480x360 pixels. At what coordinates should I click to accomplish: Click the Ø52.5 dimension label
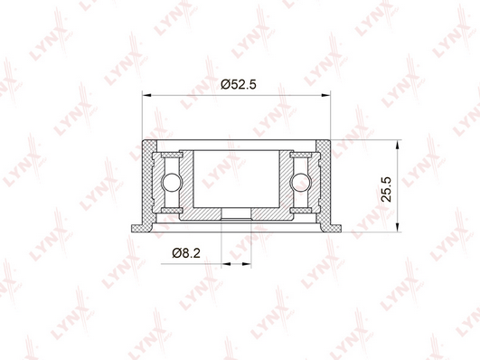coord(238,84)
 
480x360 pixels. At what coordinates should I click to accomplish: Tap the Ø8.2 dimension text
coord(186,253)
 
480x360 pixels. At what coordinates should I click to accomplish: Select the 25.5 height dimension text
coord(386,189)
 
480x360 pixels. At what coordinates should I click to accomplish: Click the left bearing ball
coord(172,183)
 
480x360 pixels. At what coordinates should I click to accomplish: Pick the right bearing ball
coord(301,183)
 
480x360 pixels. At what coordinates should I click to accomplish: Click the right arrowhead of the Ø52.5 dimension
coord(326,96)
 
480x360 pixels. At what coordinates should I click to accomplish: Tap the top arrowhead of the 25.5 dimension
coord(397,145)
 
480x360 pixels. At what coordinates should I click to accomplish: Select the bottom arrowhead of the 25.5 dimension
coord(397,227)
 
